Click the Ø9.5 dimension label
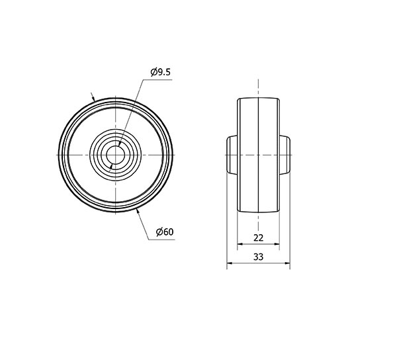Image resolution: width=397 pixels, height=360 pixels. (x=161, y=72)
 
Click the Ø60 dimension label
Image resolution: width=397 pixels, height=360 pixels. (x=165, y=232)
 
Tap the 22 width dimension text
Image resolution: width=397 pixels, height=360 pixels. (x=258, y=238)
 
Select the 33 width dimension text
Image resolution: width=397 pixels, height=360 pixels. (x=258, y=257)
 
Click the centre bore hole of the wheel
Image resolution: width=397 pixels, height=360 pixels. (x=115, y=155)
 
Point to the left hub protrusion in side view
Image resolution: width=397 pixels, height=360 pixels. (x=232, y=155)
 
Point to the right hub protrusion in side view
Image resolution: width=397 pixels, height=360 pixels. (x=285, y=155)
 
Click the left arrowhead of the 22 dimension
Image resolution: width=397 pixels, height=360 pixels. (x=240, y=244)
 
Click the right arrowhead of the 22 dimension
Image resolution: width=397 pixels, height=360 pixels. (x=277, y=244)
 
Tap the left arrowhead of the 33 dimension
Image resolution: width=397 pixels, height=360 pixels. (x=230, y=263)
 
